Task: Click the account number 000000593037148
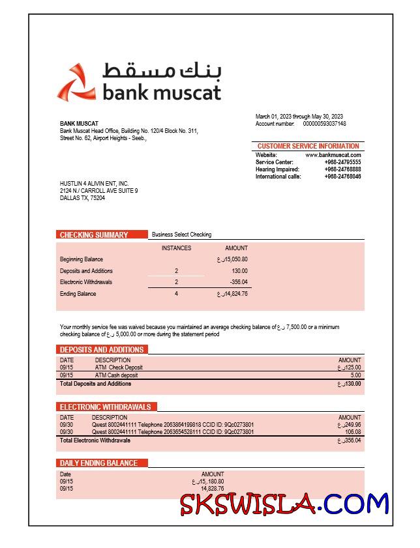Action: (325, 124)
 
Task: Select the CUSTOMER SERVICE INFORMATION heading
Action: (308, 146)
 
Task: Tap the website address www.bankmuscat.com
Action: (333, 155)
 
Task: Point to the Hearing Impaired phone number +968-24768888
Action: (342, 169)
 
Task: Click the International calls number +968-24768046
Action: (342, 177)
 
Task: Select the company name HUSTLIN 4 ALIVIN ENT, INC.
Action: (94, 184)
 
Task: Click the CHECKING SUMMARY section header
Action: (94, 235)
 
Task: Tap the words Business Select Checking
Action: (181, 235)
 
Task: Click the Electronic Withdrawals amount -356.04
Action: (239, 282)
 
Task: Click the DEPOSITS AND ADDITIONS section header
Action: (102, 350)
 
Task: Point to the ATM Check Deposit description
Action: (119, 368)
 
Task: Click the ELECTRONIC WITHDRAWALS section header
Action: (106, 407)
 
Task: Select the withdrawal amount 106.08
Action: (353, 432)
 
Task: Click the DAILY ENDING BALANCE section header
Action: (99, 463)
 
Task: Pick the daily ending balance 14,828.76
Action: (212, 489)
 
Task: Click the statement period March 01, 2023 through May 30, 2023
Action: (299, 117)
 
